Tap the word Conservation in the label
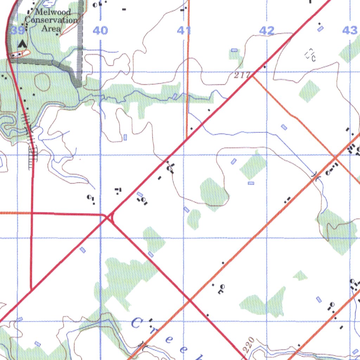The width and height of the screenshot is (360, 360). pyautogui.click(x=51, y=20)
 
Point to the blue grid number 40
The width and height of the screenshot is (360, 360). pyautogui.click(x=101, y=31)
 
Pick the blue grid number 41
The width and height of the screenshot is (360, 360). pyautogui.click(x=184, y=31)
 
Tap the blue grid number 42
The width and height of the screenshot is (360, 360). pyautogui.click(x=266, y=31)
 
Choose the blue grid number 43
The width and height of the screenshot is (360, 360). pyautogui.click(x=349, y=31)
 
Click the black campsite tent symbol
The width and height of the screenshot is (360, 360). pyautogui.click(x=22, y=44)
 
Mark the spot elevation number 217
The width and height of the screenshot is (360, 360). pyautogui.click(x=243, y=75)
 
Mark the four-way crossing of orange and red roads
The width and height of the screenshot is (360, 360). pyautogui.click(x=190, y=300)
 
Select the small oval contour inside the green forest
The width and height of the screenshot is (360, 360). pyautogui.click(x=42, y=82)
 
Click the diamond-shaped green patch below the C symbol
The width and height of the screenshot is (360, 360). pyautogui.click(x=310, y=91)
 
